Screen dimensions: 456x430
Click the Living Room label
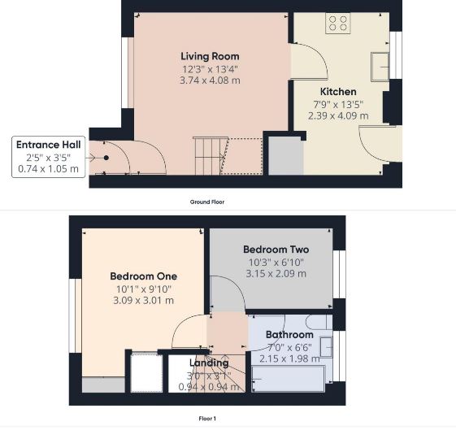click(210, 56)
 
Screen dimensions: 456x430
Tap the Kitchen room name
click(338, 92)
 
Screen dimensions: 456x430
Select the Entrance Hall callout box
click(49, 157)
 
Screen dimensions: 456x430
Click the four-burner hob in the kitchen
click(338, 24)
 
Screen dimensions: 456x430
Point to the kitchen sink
click(380, 67)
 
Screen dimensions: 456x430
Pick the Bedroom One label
click(143, 276)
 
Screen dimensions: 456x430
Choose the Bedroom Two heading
click(276, 250)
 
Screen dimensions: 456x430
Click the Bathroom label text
click(289, 335)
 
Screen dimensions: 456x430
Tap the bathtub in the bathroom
click(289, 379)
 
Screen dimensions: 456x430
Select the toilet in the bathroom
click(319, 322)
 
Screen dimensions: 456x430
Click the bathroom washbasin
click(326, 347)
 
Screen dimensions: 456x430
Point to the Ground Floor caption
click(207, 202)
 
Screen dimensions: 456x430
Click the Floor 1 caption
click(207, 419)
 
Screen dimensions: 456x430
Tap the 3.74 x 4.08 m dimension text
click(210, 80)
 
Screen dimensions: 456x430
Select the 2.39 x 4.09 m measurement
click(338, 115)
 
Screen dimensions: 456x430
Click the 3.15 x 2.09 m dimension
click(276, 274)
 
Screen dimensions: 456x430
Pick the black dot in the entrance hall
click(106, 158)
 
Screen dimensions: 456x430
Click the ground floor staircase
click(210, 156)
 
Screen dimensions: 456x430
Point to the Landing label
click(209, 363)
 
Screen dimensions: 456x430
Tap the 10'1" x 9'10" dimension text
click(144, 289)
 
